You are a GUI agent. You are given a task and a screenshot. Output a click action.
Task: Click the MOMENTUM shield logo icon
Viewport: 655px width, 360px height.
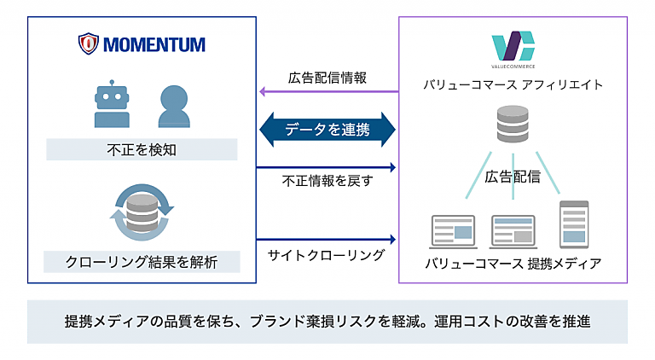tap(88, 44)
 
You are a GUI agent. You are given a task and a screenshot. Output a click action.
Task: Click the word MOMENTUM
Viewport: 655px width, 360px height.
tap(153, 44)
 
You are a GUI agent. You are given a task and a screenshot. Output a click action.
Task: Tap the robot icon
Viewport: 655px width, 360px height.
tap(111, 107)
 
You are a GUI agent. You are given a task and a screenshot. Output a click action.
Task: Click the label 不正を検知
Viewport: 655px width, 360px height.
tap(142, 150)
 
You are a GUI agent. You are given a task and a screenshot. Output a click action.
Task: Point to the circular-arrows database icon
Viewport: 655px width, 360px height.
tap(142, 211)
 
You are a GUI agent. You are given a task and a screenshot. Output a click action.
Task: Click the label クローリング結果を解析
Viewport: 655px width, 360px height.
tap(142, 262)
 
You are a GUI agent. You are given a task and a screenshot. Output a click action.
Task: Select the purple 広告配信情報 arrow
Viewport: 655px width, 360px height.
tap(328, 91)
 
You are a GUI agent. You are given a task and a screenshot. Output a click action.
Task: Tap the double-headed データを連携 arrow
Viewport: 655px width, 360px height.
tap(328, 130)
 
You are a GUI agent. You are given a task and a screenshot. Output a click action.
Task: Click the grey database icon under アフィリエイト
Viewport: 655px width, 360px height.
tap(513, 125)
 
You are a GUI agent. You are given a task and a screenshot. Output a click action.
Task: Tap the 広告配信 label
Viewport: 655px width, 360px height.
tap(513, 177)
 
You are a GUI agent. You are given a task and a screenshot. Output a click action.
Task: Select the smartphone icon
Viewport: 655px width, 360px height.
tap(573, 223)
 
